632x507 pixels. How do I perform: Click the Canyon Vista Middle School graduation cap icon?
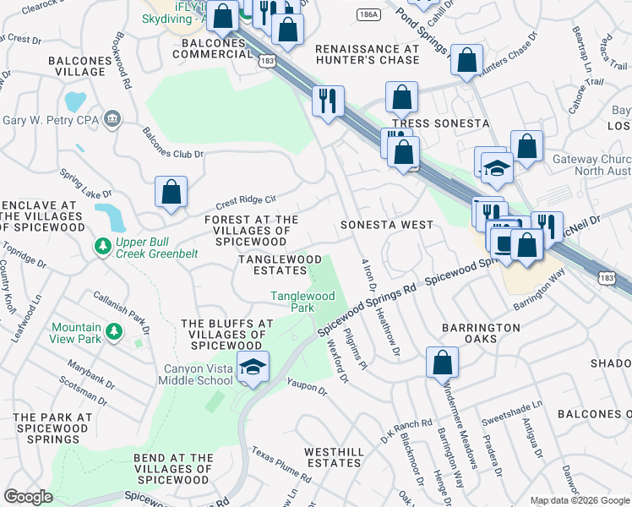pos(253,367)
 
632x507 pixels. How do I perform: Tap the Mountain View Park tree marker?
pos(111,339)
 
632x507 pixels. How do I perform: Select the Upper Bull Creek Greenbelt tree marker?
pos(102,246)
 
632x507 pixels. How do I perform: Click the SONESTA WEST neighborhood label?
pos(386,226)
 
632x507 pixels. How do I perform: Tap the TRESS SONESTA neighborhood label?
pos(440,123)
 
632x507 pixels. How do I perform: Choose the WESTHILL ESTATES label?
pos(334,457)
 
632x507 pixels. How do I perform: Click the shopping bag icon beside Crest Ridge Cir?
pos(172,192)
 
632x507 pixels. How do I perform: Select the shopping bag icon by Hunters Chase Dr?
pos(466,60)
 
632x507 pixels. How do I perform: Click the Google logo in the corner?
pos(28,497)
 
